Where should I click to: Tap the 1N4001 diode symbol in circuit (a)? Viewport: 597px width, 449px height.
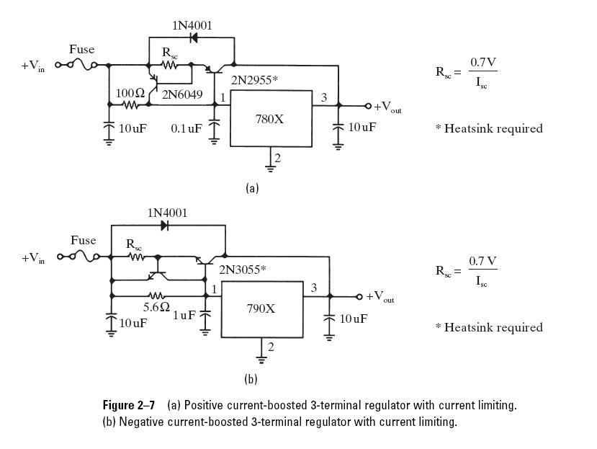click(x=194, y=37)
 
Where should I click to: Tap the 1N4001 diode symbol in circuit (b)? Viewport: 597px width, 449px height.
click(x=164, y=226)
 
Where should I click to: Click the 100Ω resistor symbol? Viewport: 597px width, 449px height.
click(x=130, y=105)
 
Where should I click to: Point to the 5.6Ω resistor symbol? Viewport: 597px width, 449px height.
click(x=156, y=295)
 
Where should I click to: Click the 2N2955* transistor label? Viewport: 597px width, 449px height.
click(x=254, y=81)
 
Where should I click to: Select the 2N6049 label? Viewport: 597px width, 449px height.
click(x=182, y=94)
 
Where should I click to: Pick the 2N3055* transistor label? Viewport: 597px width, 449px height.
click(x=242, y=270)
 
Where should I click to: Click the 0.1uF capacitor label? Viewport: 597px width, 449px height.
click(x=187, y=129)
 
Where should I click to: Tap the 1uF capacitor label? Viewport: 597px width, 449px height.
click(x=184, y=316)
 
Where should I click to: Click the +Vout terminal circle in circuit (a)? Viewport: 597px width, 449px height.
click(x=368, y=106)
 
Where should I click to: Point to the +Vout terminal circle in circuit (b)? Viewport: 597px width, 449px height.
click(x=359, y=296)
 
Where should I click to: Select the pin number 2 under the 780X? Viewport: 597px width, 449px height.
click(x=277, y=158)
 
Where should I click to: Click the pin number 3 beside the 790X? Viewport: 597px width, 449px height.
click(x=314, y=288)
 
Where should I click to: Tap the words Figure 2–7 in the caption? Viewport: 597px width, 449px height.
click(x=129, y=405)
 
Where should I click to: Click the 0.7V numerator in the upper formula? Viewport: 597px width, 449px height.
click(x=482, y=62)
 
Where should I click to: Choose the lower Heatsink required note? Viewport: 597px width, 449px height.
click(x=489, y=327)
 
